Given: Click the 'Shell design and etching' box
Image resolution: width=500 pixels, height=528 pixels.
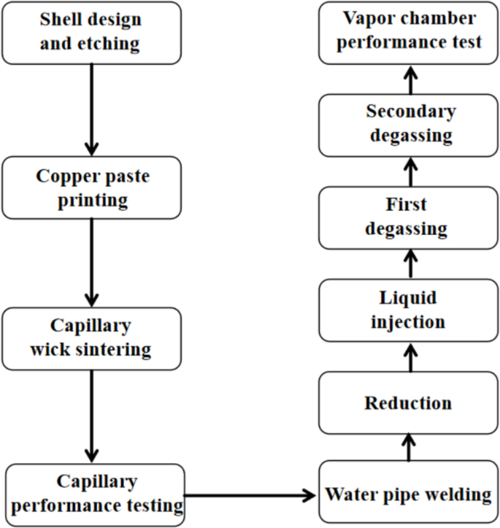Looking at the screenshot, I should pyautogui.click(x=91, y=32).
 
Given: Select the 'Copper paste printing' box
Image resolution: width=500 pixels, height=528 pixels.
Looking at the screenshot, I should pyautogui.click(x=91, y=187).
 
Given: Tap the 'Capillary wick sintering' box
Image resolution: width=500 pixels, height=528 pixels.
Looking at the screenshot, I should pyautogui.click(x=91, y=338).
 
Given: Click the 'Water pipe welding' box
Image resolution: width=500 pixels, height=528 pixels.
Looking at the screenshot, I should pyautogui.click(x=408, y=494).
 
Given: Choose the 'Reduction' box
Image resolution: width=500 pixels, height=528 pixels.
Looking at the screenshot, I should pyautogui.click(x=408, y=403).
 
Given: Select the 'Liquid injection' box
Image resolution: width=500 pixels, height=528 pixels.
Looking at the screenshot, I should pyautogui.click(x=408, y=309).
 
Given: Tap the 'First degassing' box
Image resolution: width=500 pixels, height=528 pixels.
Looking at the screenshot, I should pyautogui.click(x=408, y=217).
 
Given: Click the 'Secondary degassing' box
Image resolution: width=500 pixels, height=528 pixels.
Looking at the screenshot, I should pyautogui.click(x=408, y=124).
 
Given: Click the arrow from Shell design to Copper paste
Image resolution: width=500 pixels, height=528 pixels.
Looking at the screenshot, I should pyautogui.click(x=91, y=109).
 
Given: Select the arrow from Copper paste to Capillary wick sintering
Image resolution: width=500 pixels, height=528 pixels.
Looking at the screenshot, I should pyautogui.click(x=91, y=263).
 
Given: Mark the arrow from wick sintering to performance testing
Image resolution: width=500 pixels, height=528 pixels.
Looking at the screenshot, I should pyautogui.click(x=91, y=416).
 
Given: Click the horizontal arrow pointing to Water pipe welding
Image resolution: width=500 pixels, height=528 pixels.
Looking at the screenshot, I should pyautogui.click(x=252, y=497).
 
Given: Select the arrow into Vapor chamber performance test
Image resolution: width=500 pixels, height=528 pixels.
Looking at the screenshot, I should pyautogui.click(x=409, y=78).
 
